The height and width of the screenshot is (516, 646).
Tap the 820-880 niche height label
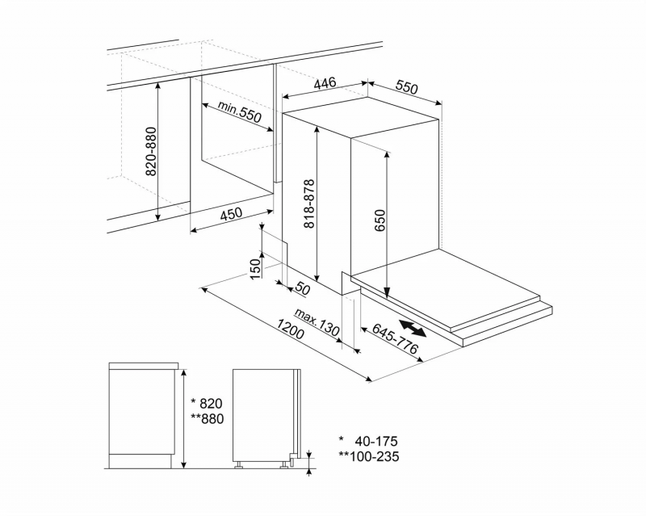tap(152, 152)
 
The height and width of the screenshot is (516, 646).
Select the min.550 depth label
tap(239, 111)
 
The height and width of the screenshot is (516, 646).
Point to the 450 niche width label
tap(231, 215)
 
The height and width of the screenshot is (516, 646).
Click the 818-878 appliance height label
tap(309, 203)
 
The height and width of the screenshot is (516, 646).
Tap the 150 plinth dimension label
tap(256, 268)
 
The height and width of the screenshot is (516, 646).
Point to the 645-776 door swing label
tap(395, 338)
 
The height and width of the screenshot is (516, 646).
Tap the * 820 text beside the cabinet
tap(208, 403)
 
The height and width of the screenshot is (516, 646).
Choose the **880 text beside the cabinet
tap(208, 419)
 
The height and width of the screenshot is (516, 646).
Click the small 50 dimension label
tap(302, 289)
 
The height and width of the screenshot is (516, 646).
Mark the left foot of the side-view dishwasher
tap(238, 465)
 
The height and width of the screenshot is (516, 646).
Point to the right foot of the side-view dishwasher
tap(283, 465)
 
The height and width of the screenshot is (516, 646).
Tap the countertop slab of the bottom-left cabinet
tap(144, 366)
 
